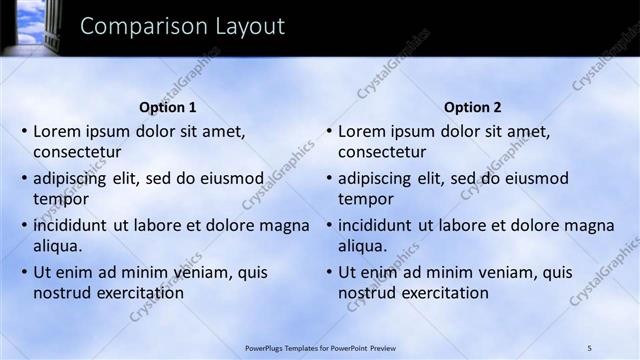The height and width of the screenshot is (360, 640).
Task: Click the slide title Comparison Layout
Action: click(182, 26)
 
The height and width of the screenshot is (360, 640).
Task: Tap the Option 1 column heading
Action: click(168, 107)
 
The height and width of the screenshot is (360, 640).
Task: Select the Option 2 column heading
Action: click(473, 107)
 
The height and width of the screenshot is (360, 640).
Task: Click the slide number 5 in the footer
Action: click(589, 348)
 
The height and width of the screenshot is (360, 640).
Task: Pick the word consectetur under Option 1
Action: click(77, 153)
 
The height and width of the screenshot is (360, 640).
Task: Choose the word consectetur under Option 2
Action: click(382, 153)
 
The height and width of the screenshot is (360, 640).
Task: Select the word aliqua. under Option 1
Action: click(57, 246)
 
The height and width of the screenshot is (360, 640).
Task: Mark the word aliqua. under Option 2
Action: click(362, 246)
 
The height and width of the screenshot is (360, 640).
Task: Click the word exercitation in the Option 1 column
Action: click(137, 293)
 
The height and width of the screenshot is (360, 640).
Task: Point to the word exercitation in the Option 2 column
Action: click(442, 293)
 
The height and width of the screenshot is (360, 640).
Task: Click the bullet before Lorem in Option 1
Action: click(22, 131)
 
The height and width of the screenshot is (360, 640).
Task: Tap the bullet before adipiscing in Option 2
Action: click(327, 179)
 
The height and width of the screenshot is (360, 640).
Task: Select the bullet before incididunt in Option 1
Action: click(22, 226)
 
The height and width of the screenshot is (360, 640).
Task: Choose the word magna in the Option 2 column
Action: click(590, 225)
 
